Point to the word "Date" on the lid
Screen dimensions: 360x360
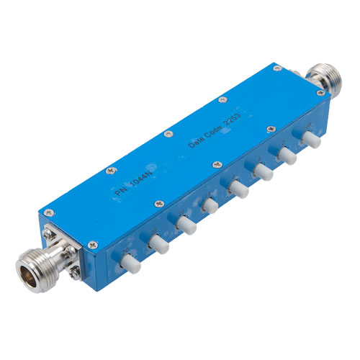[x=194, y=142]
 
